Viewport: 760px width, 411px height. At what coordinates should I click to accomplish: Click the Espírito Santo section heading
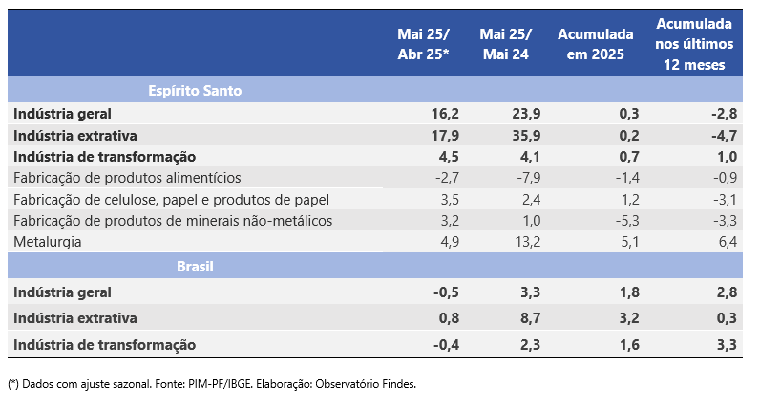coord(195,91)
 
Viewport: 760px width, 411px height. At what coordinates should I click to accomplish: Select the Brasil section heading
coord(195,266)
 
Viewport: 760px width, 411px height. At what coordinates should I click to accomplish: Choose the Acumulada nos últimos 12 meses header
coord(693,44)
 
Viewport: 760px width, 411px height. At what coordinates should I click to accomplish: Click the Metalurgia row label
coord(48,242)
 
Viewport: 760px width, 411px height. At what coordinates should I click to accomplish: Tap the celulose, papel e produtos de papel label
coord(171,200)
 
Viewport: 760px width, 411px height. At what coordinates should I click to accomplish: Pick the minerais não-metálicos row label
coord(173,221)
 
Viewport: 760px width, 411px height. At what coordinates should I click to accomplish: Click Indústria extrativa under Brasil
coord(76,318)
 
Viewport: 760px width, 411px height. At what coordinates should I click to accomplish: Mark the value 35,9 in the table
coord(526,135)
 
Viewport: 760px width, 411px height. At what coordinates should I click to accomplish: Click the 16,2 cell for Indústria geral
coord(446,114)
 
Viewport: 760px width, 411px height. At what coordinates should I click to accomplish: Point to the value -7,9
coord(528,178)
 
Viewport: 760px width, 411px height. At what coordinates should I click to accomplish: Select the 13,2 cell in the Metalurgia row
coord(528,242)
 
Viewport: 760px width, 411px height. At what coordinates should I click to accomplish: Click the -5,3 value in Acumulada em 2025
coord(627,221)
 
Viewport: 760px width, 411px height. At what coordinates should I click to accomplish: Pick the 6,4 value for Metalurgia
coord(728,242)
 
